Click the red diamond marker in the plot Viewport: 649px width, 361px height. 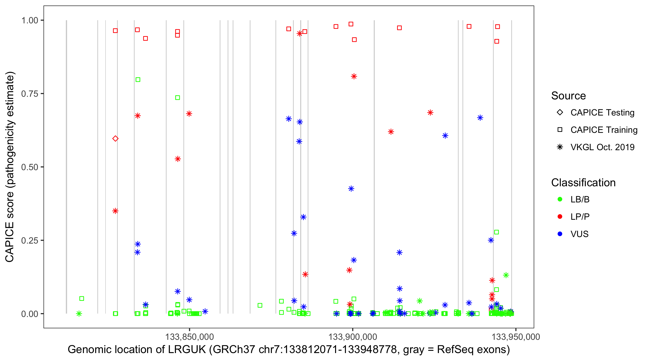tap(115, 138)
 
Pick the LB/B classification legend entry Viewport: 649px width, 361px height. tap(580, 199)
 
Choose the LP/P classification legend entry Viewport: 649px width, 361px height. tap(580, 217)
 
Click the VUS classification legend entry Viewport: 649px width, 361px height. tap(579, 234)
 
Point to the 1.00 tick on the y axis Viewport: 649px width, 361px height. tap(30, 20)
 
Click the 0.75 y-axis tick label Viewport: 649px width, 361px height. tap(30, 94)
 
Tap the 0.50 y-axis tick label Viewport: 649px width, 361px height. tap(30, 167)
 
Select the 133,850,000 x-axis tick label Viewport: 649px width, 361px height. tap(189, 337)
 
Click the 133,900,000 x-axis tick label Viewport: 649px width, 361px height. tap(353, 337)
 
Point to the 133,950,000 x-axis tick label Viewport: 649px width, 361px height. tap(516, 337)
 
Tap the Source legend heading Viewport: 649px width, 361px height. tap(568, 96)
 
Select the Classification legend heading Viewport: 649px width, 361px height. tap(583, 183)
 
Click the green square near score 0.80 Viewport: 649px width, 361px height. tap(138, 80)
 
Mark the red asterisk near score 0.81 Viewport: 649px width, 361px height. tap(354, 77)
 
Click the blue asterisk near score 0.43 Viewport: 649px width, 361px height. tap(351, 189)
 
